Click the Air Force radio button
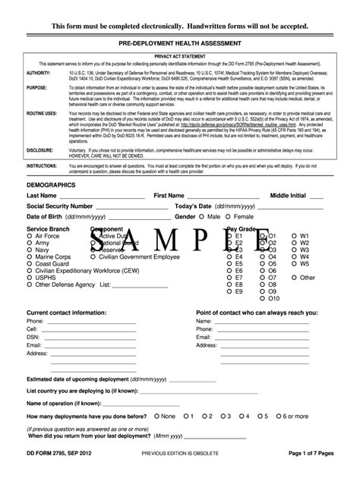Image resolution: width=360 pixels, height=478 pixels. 30,236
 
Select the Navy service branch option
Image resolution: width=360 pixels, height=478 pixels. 30,250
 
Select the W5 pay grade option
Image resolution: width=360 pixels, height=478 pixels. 295,263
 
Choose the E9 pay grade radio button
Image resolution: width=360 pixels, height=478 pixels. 231,291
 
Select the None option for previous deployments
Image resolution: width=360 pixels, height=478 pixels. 157,416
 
